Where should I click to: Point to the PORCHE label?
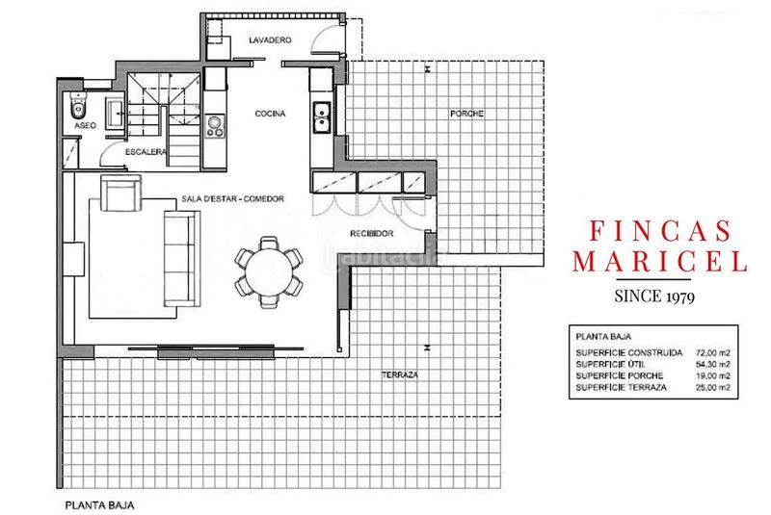point(466,114)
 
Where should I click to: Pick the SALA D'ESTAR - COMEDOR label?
point(235,199)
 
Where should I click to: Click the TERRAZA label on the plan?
point(397,374)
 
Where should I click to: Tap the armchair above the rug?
point(120,195)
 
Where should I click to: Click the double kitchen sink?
point(321,116)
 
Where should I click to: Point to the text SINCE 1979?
point(658,295)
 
